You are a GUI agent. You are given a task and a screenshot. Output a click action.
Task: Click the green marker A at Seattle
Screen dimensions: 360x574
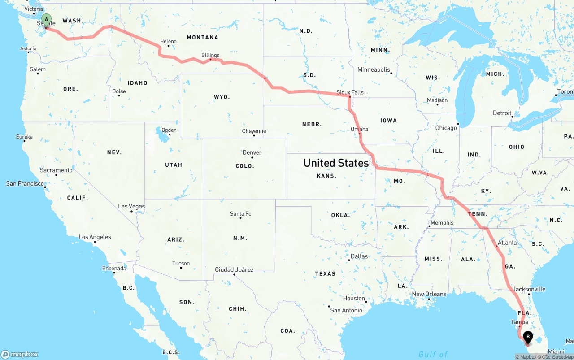(x=46, y=20)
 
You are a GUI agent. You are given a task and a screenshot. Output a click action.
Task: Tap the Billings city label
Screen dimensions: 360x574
(x=210, y=55)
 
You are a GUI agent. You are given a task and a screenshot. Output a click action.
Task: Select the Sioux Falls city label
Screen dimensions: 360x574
(x=350, y=92)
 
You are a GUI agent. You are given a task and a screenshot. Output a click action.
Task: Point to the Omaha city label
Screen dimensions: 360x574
(x=359, y=129)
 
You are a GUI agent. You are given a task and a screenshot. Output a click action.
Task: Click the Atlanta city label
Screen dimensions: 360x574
(x=507, y=243)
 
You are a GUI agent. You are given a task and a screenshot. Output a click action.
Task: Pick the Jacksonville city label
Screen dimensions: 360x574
(x=529, y=289)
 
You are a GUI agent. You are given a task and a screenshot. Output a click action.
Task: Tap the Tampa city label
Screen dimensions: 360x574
(x=519, y=322)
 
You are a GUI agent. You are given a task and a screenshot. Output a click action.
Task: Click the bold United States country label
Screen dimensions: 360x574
(x=336, y=163)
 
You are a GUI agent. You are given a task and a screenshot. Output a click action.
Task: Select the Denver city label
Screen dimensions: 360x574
(x=252, y=152)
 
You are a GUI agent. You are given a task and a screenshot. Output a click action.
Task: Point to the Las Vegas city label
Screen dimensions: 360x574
(x=131, y=206)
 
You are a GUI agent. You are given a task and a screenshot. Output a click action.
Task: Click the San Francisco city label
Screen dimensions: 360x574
(x=25, y=183)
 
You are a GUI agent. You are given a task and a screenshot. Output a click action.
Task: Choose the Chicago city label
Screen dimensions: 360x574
(x=446, y=128)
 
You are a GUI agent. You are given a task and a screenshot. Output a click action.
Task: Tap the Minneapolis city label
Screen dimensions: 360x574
(x=374, y=69)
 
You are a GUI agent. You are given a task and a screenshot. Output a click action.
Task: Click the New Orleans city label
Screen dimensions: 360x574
(x=429, y=294)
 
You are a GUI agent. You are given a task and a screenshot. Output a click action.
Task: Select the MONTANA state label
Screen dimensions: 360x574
(x=203, y=38)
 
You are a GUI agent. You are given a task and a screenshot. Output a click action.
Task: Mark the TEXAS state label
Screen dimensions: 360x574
(x=325, y=273)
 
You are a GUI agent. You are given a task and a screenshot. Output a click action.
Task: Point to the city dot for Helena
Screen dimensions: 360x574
(x=168, y=46)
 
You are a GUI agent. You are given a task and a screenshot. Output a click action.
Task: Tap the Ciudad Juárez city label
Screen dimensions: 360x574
(x=234, y=269)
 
